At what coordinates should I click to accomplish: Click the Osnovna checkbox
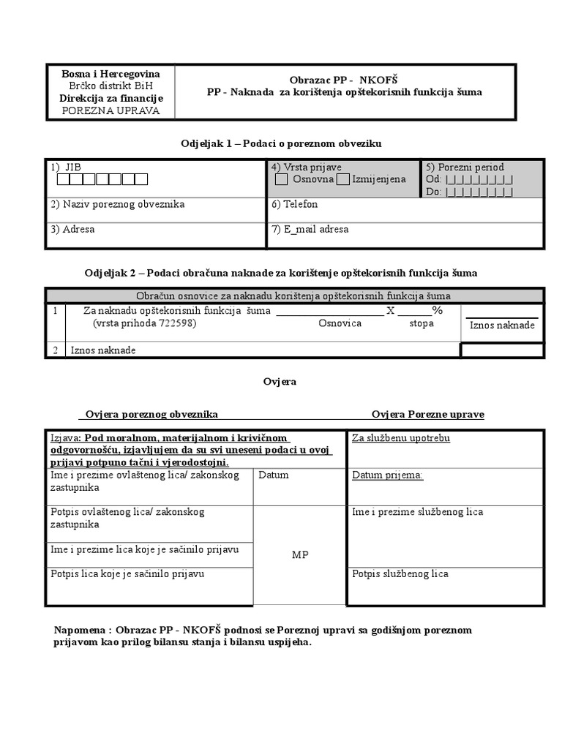(282, 179)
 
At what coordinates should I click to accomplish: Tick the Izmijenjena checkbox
(342, 179)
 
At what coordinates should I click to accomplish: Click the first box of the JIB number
(64, 179)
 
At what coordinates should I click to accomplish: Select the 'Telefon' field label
(290, 205)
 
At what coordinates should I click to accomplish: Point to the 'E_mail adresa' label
(310, 229)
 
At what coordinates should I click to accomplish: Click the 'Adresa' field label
(72, 229)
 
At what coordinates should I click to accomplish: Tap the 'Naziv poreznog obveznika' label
(117, 205)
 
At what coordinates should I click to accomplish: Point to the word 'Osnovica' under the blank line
(340, 323)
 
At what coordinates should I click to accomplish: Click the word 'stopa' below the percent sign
(421, 323)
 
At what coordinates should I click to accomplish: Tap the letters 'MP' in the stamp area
(300, 555)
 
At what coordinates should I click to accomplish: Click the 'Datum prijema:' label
(387, 475)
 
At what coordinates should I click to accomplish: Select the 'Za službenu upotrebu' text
(400, 438)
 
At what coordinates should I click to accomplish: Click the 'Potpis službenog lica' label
(400, 574)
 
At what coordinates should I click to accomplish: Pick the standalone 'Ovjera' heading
(280, 382)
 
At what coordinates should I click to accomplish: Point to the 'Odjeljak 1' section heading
(281, 144)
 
